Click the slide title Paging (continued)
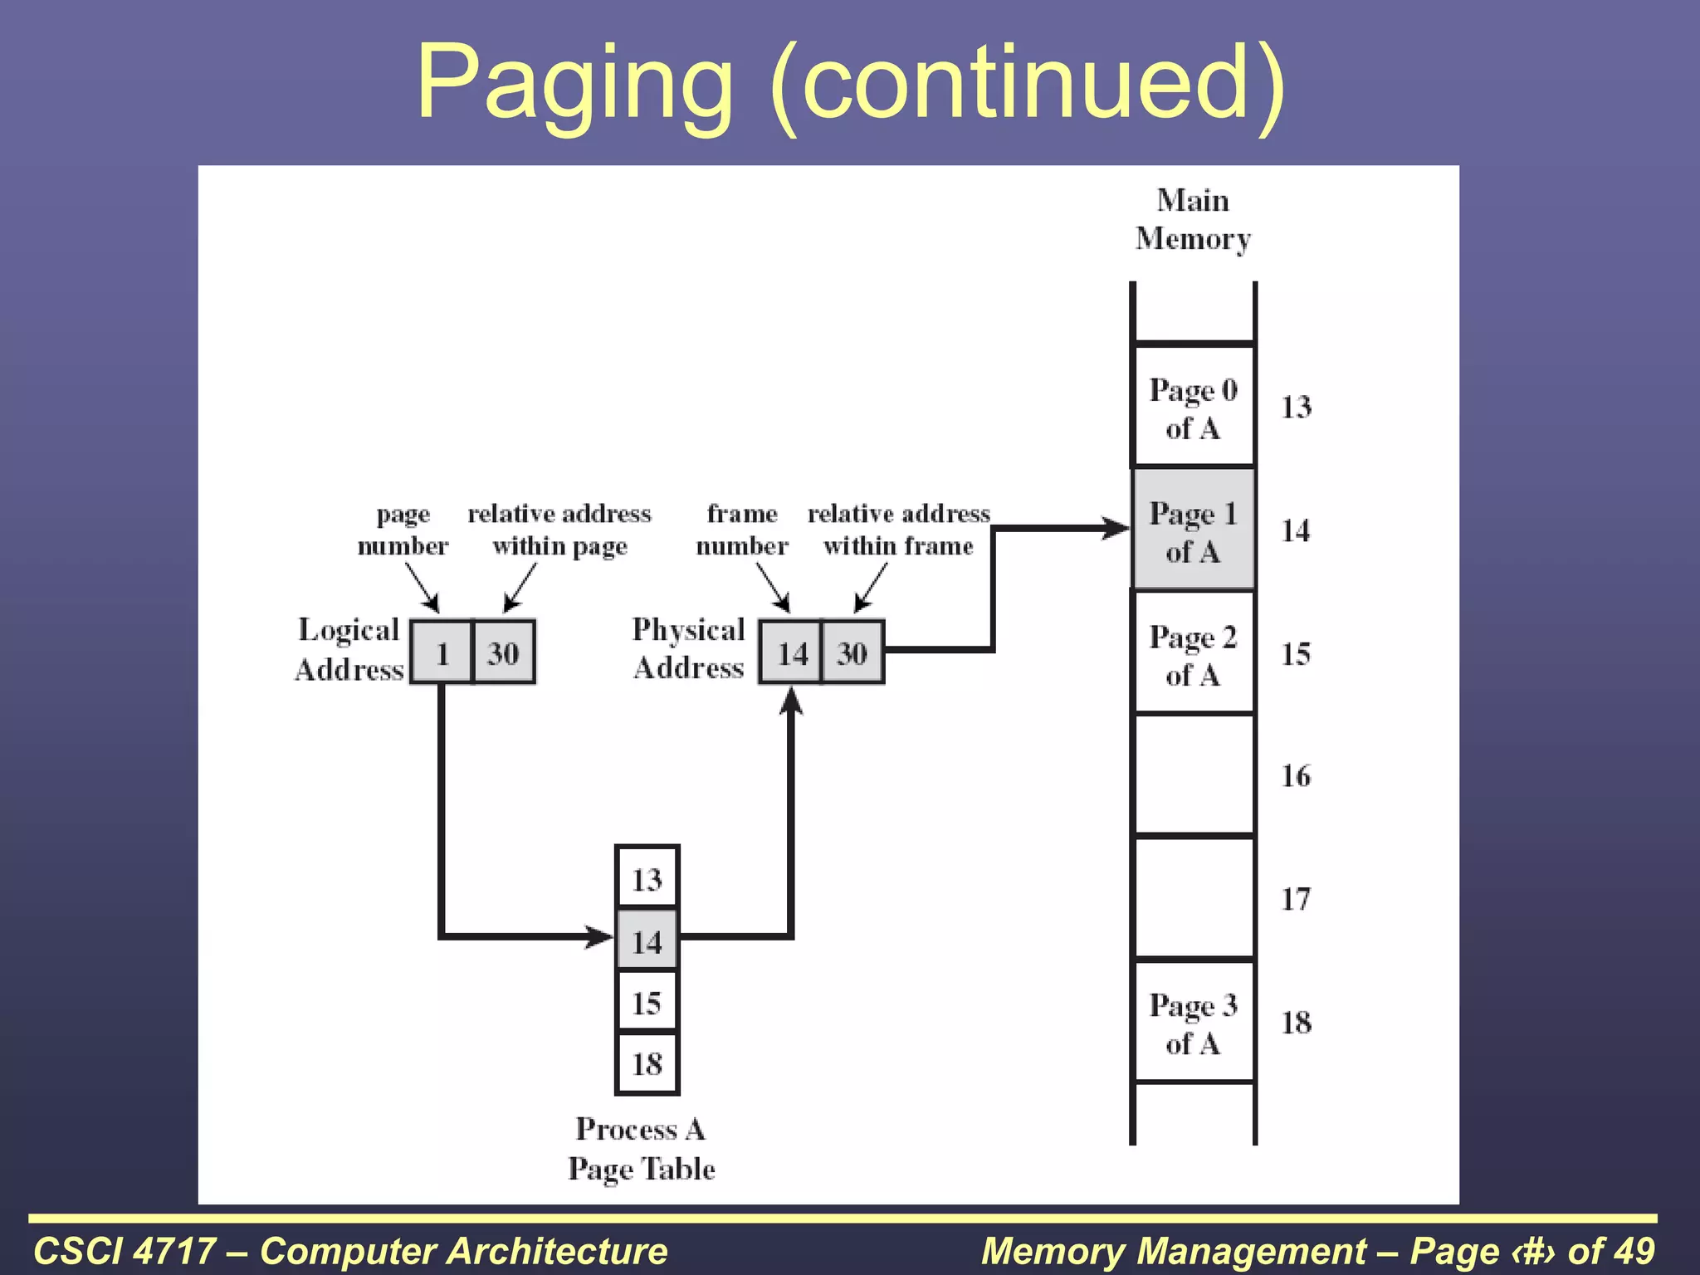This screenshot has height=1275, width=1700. coord(850,83)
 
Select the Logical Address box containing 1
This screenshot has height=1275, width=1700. coord(442,652)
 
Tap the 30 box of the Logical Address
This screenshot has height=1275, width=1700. coord(504,652)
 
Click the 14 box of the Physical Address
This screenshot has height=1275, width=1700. coord(791,652)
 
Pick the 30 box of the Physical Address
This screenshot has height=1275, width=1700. coord(852,652)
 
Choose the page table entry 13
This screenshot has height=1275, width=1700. coord(647,878)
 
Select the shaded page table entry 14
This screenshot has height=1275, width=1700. coord(647,940)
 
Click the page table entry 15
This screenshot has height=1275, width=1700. coord(647,1003)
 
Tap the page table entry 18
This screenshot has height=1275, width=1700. coord(647,1063)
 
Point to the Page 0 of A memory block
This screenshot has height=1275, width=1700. coord(1193,408)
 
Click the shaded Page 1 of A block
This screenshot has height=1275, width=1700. coord(1193,530)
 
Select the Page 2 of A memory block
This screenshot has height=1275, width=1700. coord(1193,654)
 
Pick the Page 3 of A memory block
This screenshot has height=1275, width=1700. coord(1193,1023)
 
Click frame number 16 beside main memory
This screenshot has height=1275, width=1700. coord(1296,776)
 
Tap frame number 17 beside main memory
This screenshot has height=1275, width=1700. coord(1296,899)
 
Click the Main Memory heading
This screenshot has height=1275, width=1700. coord(1193,219)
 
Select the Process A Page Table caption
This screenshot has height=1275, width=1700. coord(641,1149)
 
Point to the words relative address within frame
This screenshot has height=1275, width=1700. coord(898,530)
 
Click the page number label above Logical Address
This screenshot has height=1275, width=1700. coord(403,530)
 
